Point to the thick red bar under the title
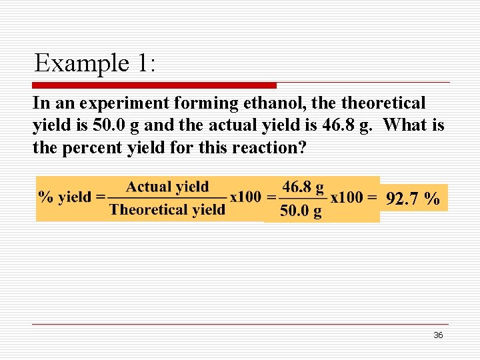point(155,85)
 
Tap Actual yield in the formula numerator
point(167,187)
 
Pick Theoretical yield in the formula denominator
point(167,209)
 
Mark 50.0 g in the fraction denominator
point(301,211)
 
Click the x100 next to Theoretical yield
point(246,197)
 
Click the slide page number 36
point(438,335)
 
